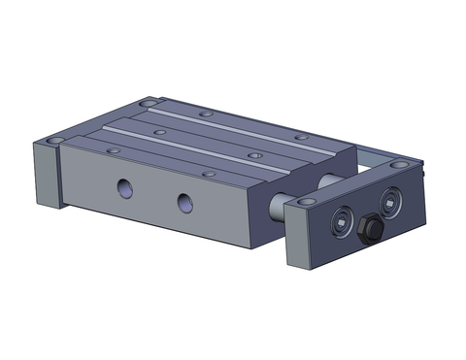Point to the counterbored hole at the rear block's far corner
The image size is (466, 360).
point(149,101)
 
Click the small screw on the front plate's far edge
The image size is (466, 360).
point(424,171)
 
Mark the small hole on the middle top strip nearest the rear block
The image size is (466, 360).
point(156,126)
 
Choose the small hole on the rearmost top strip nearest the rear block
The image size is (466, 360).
point(204,114)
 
